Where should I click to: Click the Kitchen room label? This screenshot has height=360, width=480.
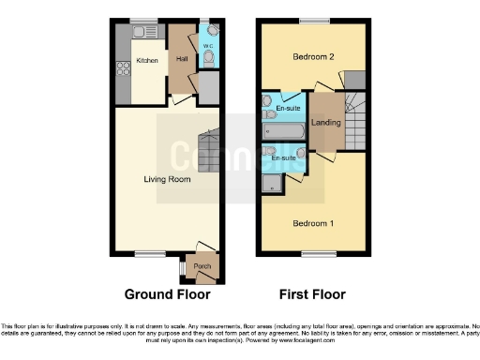click(147, 60)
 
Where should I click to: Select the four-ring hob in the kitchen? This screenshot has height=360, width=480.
click(122, 67)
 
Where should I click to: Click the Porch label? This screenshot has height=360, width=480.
click(202, 266)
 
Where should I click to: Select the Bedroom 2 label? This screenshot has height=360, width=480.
click(313, 57)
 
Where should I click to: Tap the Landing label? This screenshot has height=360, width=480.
click(325, 121)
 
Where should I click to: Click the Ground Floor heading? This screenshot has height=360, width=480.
click(161, 293)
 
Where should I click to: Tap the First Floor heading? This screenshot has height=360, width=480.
click(312, 293)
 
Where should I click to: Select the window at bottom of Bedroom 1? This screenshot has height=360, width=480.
click(313, 252)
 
